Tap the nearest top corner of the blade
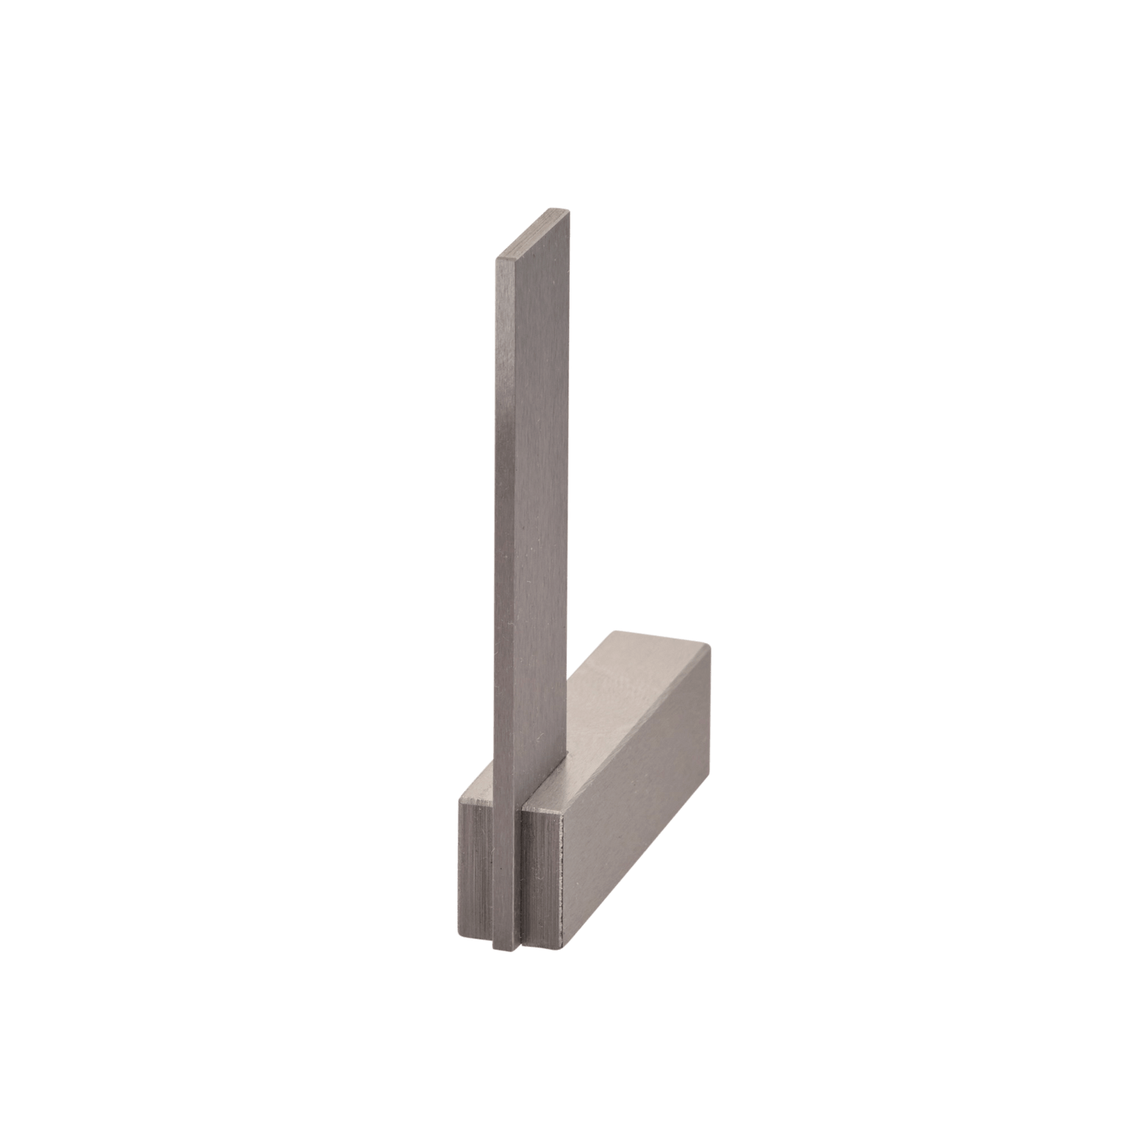click(x=496, y=260)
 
